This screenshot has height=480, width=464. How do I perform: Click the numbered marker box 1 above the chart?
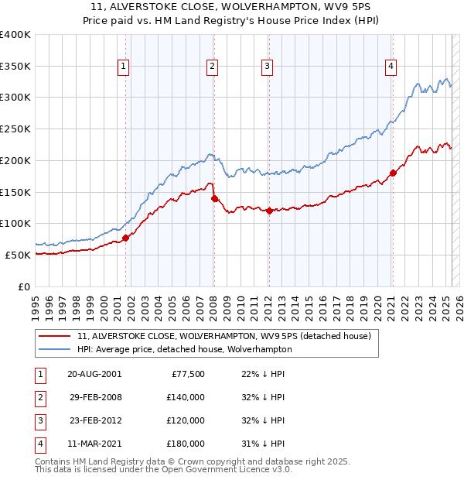(124, 67)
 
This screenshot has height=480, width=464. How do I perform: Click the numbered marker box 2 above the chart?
(211, 67)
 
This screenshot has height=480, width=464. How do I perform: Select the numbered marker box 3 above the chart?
(266, 67)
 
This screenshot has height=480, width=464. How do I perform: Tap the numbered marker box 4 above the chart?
(391, 67)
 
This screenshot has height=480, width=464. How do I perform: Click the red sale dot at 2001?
(125, 238)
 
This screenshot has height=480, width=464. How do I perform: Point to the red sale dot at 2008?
(214, 198)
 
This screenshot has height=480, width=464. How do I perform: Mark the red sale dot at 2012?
(269, 211)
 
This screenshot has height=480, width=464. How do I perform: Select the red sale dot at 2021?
(393, 173)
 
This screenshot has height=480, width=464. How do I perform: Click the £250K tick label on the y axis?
(16, 129)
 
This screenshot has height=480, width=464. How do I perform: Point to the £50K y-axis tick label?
(19, 255)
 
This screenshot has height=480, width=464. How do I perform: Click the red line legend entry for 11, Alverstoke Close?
(224, 336)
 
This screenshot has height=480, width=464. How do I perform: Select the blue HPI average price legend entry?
(184, 349)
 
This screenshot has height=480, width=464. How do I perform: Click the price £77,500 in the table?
(187, 374)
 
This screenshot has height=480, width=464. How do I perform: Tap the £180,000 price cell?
(186, 444)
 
